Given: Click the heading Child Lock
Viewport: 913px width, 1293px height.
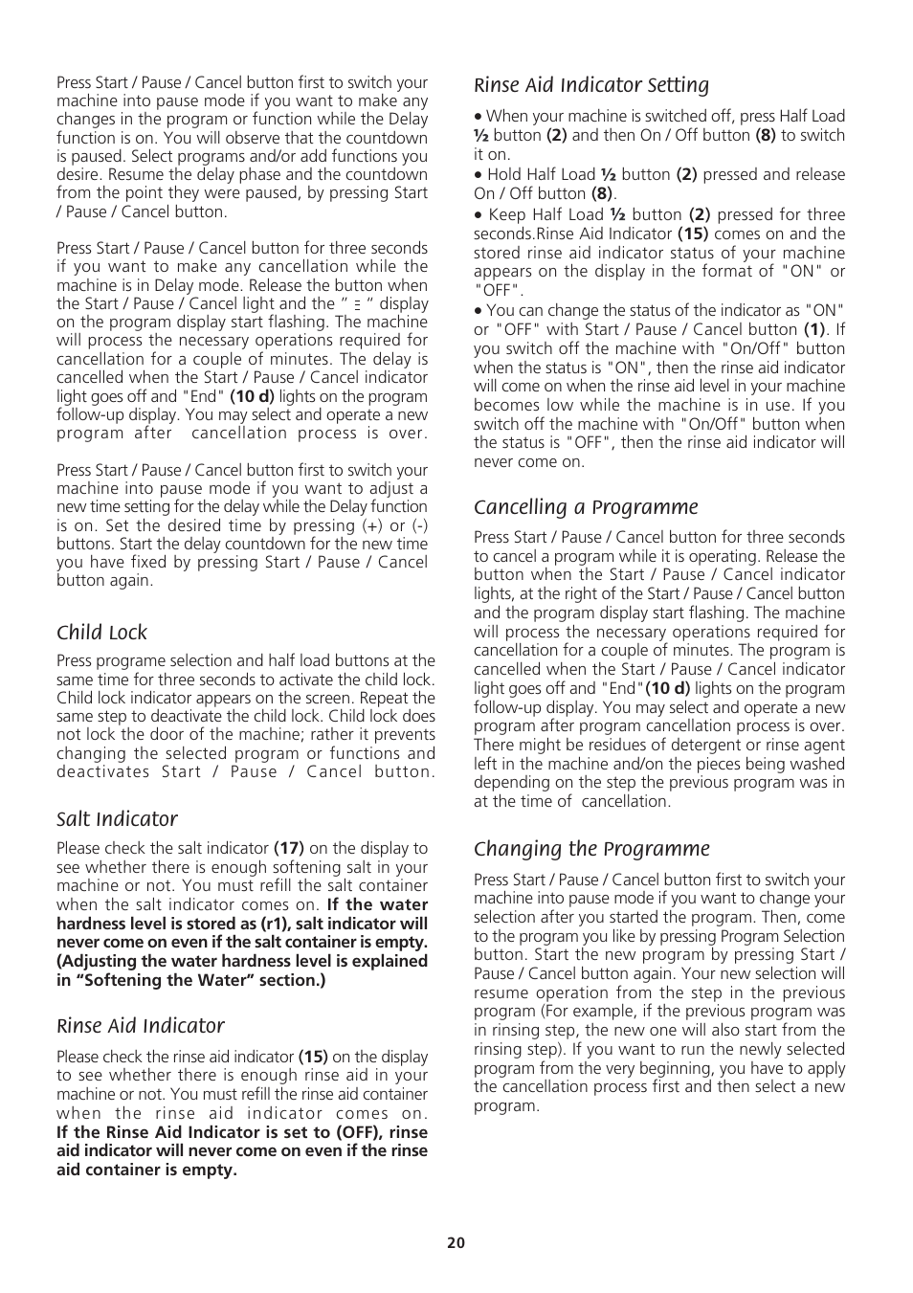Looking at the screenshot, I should pos(101,633).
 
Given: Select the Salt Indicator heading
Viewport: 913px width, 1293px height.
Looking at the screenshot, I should pos(117,819).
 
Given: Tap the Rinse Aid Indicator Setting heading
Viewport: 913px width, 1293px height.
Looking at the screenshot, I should pos(591,85).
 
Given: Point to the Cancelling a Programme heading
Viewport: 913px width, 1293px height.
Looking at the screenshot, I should pos(586,507).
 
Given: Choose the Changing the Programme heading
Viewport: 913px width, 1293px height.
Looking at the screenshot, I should pos(591,849).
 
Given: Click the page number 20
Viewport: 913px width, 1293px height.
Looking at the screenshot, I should pos(456,1242).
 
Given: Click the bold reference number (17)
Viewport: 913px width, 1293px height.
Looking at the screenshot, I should pos(289,848).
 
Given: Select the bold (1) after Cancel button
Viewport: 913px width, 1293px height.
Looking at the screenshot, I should pos(813,329).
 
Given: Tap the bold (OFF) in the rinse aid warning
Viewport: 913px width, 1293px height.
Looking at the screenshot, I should pos(353,1132).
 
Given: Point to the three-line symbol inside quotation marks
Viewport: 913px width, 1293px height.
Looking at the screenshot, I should pos(357,304).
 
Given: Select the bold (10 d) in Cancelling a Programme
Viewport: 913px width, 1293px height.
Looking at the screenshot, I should pos(668,688).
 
